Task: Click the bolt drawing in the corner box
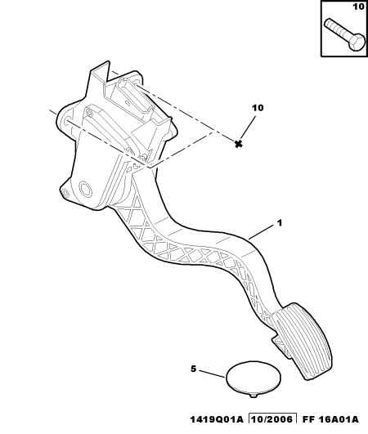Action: [344, 35]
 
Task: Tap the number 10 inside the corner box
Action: [358, 7]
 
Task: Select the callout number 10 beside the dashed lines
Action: [258, 108]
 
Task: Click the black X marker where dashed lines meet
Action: [238, 144]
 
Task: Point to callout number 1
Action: [280, 223]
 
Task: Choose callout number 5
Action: [193, 369]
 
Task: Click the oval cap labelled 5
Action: [254, 377]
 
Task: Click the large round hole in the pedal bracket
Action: [85, 189]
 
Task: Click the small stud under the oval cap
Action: [254, 396]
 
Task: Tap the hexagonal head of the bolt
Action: [357, 43]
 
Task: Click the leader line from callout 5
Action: [211, 374]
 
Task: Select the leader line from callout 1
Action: [262, 233]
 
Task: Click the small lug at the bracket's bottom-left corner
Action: [64, 193]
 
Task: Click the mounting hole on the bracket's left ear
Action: [67, 121]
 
